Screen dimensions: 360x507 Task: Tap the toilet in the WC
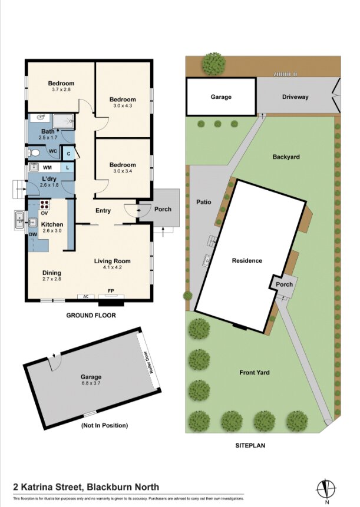(34, 153)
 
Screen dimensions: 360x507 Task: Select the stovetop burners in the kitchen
(45, 205)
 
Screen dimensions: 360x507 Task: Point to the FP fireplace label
(111, 291)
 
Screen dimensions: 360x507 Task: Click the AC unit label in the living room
(85, 296)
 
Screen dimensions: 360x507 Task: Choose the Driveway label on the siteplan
(295, 97)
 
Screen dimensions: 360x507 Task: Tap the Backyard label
(286, 157)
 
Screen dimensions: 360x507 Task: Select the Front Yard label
(254, 373)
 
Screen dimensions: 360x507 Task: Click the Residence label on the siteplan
(247, 260)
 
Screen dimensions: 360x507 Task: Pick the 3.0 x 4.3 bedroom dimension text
(123, 105)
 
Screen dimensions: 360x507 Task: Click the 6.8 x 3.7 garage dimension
(91, 383)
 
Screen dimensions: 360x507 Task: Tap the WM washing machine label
(47, 168)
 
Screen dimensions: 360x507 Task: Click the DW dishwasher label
(33, 235)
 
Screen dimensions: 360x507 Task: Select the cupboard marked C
(68, 154)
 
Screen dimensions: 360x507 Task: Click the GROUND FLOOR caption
(91, 315)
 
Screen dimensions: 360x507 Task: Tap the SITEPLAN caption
(250, 445)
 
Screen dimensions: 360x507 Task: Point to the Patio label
(204, 202)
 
